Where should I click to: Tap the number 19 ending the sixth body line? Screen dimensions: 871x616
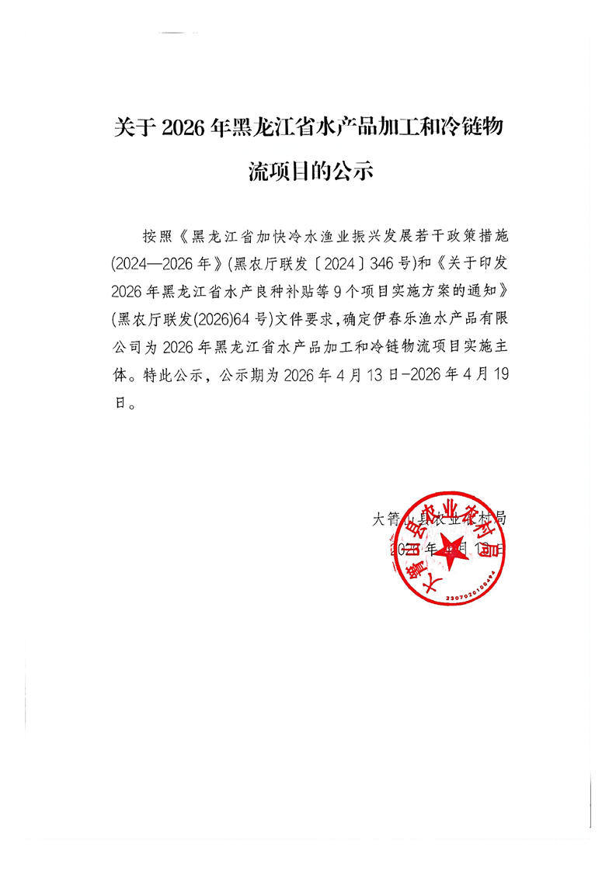pyautogui.click(x=498, y=375)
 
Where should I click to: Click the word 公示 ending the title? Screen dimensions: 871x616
pyautogui.click(x=353, y=171)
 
